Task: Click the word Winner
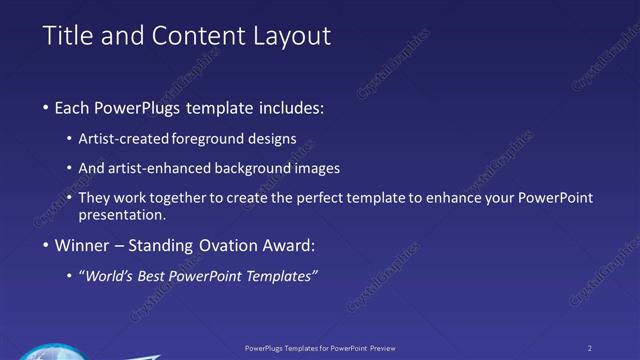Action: point(83,245)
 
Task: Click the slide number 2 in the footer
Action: point(590,348)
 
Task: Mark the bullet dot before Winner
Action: point(46,246)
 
